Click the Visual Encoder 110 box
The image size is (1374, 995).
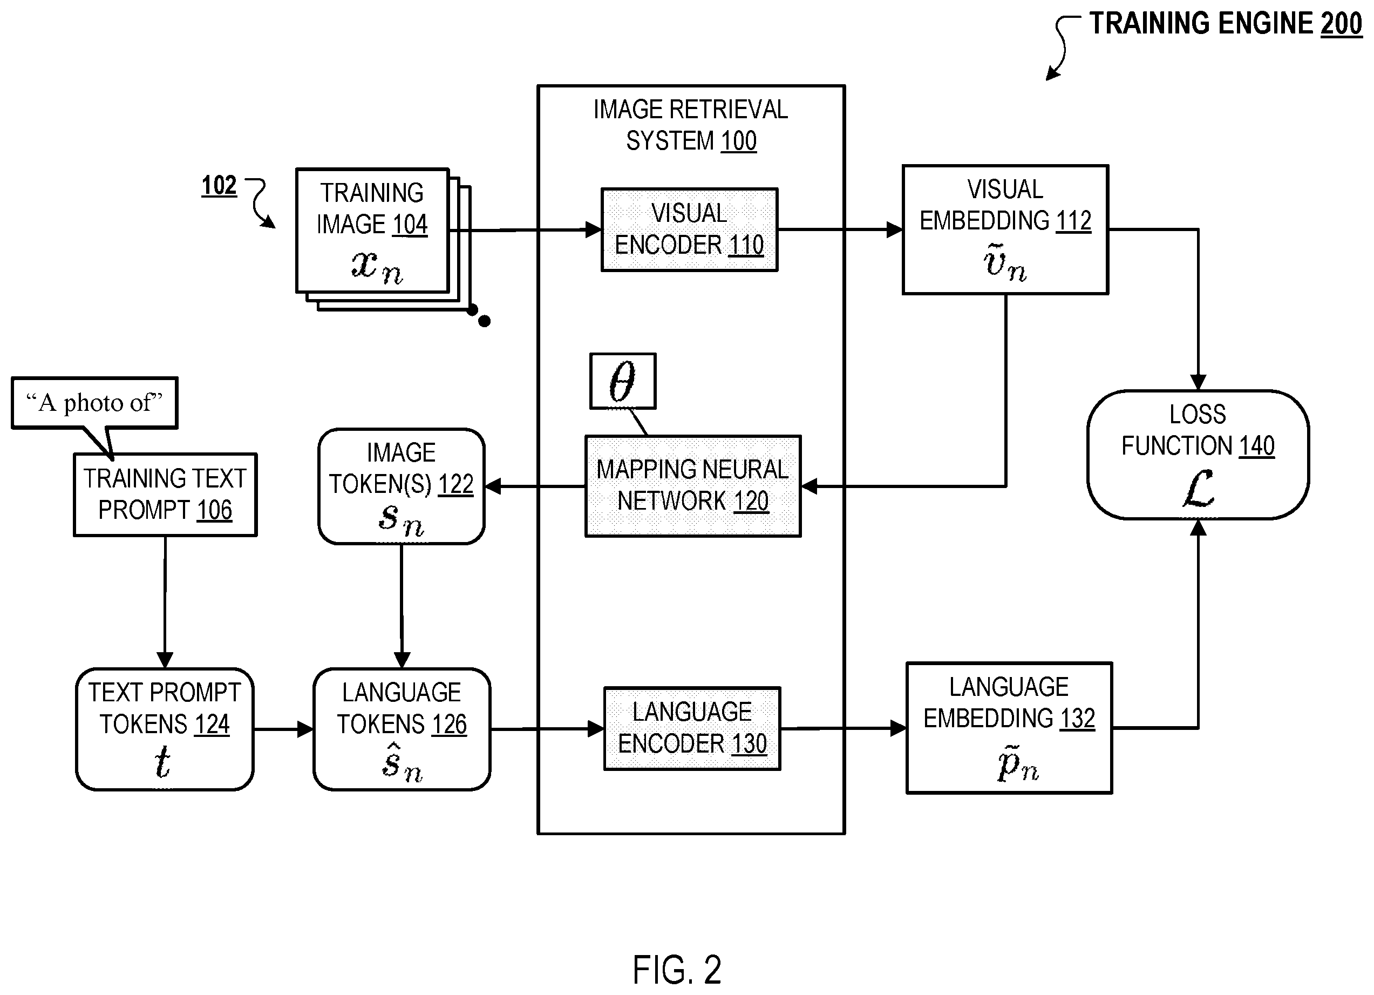pos(689,229)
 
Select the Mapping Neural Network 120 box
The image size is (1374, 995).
pos(693,486)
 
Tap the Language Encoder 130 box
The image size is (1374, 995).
pos(692,728)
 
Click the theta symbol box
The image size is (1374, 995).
pos(623,381)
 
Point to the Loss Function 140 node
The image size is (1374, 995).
pos(1198,455)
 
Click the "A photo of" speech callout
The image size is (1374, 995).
pos(94,403)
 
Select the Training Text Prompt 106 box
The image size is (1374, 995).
pos(165,495)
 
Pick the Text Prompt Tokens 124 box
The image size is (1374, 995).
pos(165,729)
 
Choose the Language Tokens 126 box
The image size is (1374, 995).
pos(402,729)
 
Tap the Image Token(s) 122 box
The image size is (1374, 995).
pos(402,486)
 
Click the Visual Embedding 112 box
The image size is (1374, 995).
pos(1005,229)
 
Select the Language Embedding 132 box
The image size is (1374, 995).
pos(1009,728)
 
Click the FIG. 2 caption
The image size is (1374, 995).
pos(677,970)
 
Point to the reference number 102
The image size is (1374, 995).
pos(219,185)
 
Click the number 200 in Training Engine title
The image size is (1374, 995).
pos(1341,24)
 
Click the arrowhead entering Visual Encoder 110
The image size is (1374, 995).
pos(594,229)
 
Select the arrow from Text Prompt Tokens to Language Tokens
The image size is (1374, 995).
pos(283,729)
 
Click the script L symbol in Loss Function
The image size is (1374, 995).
pos(1198,489)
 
